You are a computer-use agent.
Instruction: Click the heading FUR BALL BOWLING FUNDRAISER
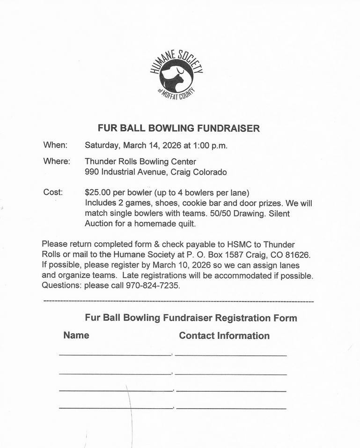[x=178, y=128]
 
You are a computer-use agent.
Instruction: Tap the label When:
[x=55, y=145]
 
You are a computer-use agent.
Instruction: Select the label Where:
[x=57, y=162]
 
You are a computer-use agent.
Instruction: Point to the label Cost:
[x=52, y=192]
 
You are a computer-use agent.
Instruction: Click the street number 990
[x=92, y=172]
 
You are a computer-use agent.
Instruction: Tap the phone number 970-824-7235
[x=153, y=285]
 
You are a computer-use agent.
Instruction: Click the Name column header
[x=76, y=335]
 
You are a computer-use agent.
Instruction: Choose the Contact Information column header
[x=224, y=336]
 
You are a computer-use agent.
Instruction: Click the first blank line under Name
[x=115, y=355]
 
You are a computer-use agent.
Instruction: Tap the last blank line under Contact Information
[x=231, y=409]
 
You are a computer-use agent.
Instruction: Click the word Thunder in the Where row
[x=100, y=162]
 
